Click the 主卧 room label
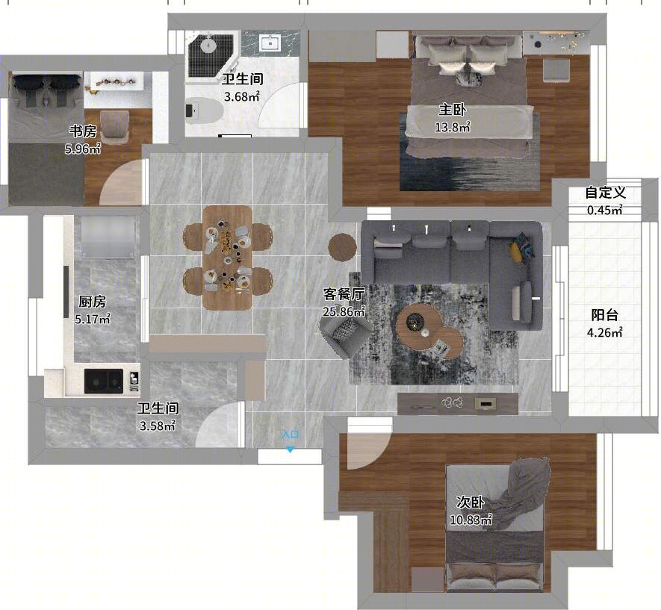[453, 110]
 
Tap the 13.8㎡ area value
[453, 127]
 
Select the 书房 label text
[83, 131]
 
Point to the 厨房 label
[93, 302]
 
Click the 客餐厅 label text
[344, 294]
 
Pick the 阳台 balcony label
[604, 314]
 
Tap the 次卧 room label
[471, 502]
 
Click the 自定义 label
[605, 193]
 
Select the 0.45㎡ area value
[605, 210]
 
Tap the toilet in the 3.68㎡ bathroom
[204, 111]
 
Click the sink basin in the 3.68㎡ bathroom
[270, 43]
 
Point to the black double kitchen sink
[104, 381]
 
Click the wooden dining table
[228, 258]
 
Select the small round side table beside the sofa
[342, 247]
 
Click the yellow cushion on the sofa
[515, 252]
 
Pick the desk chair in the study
[115, 125]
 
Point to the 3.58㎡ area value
[158, 426]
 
